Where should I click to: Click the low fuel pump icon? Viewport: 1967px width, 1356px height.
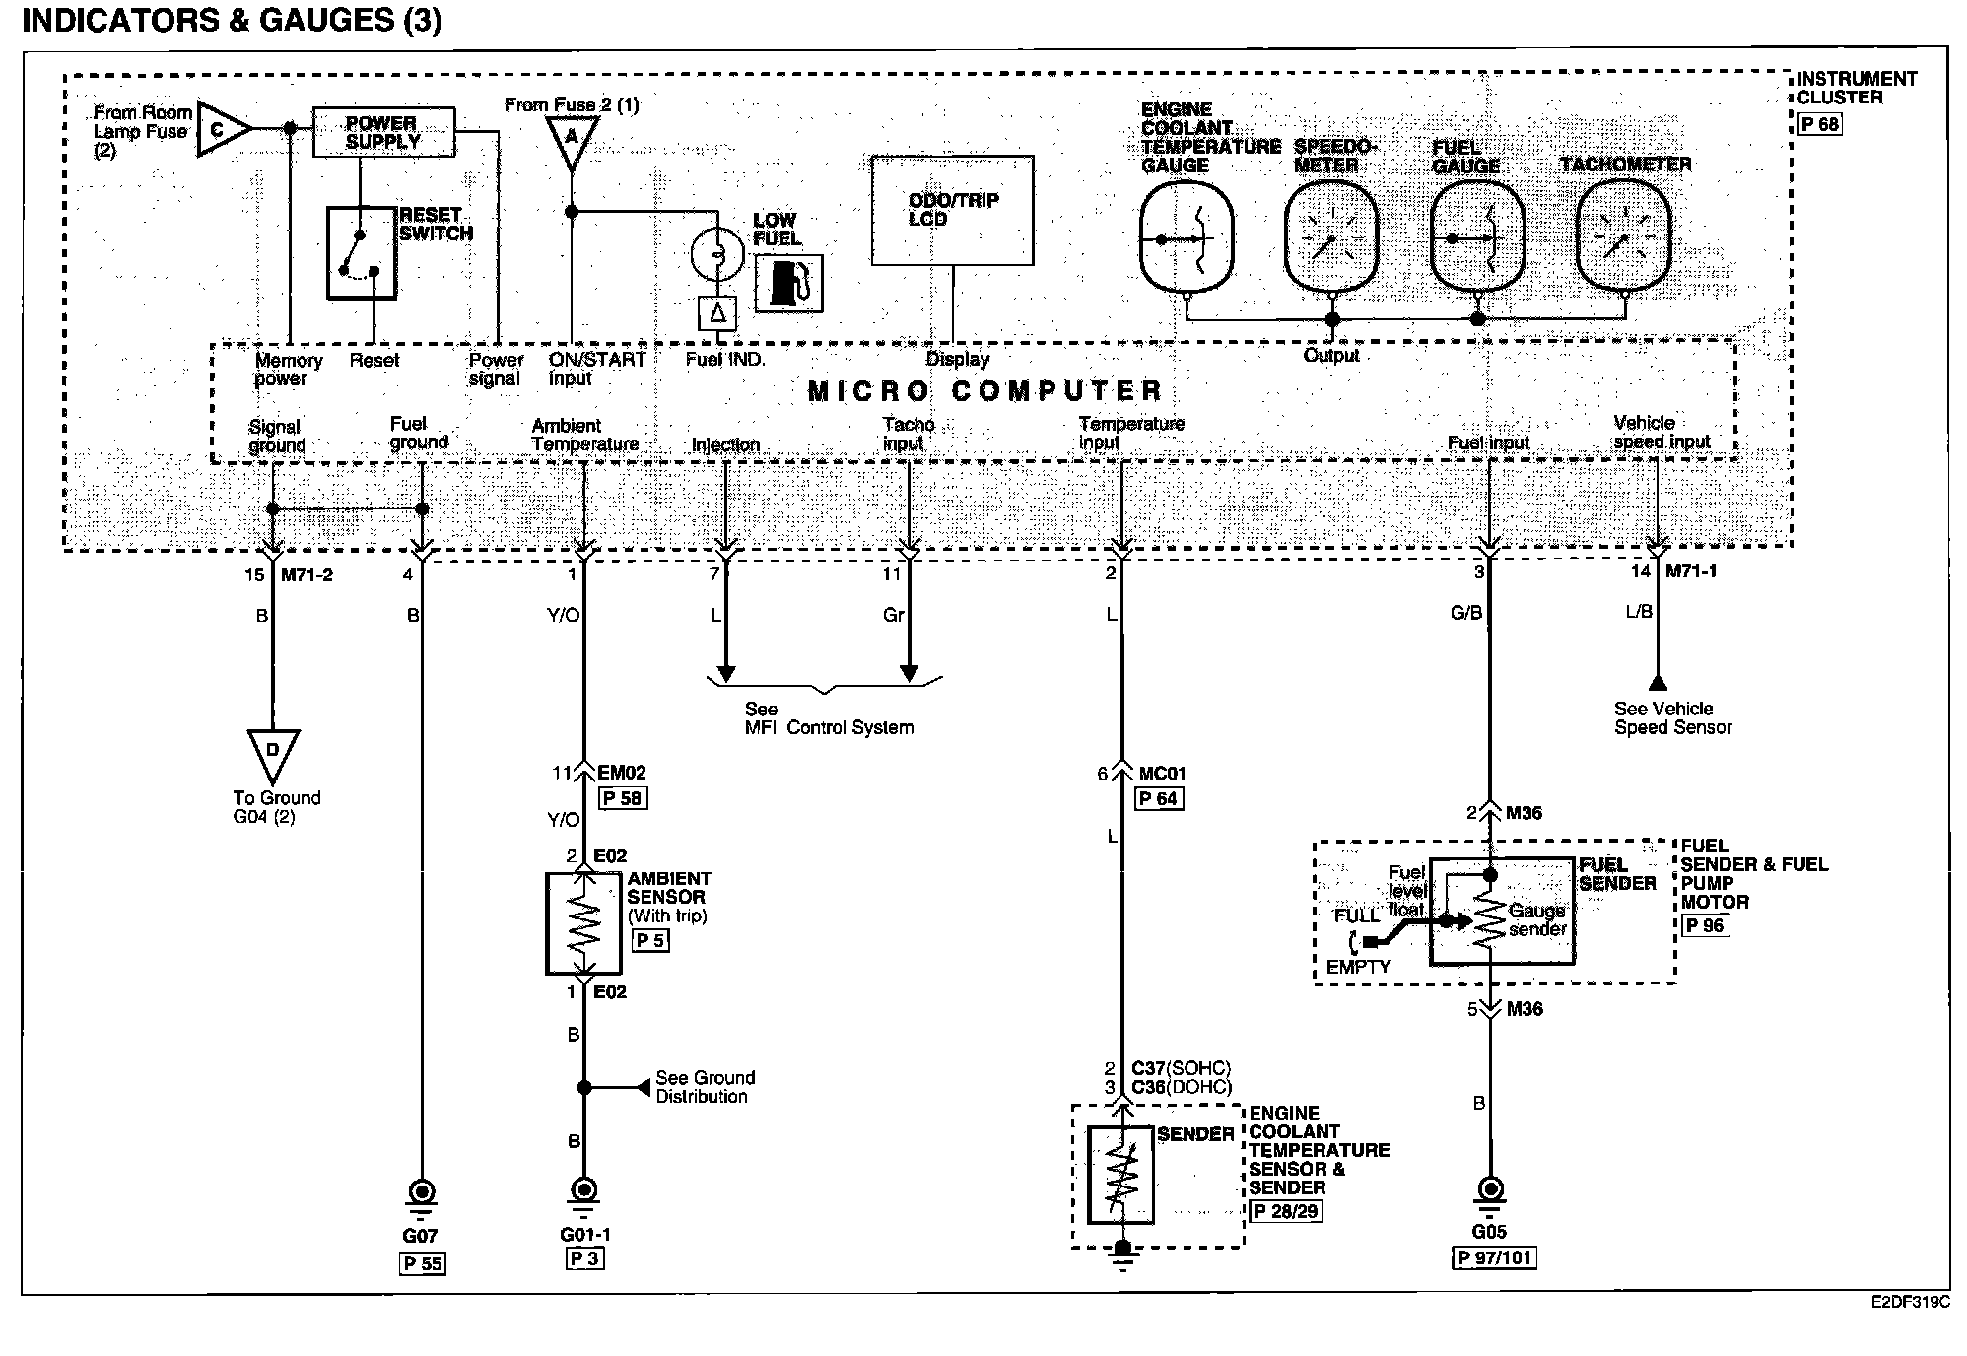coord(788,284)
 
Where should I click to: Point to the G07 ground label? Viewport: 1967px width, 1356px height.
coord(420,1236)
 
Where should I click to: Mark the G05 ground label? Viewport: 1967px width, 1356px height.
coord(1489,1232)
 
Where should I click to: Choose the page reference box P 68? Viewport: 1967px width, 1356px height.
coord(1819,124)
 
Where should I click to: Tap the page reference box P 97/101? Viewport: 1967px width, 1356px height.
coord(1494,1257)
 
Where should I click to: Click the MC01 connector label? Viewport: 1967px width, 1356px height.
coord(1163,774)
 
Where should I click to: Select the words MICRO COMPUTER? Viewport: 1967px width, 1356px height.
coord(985,391)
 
